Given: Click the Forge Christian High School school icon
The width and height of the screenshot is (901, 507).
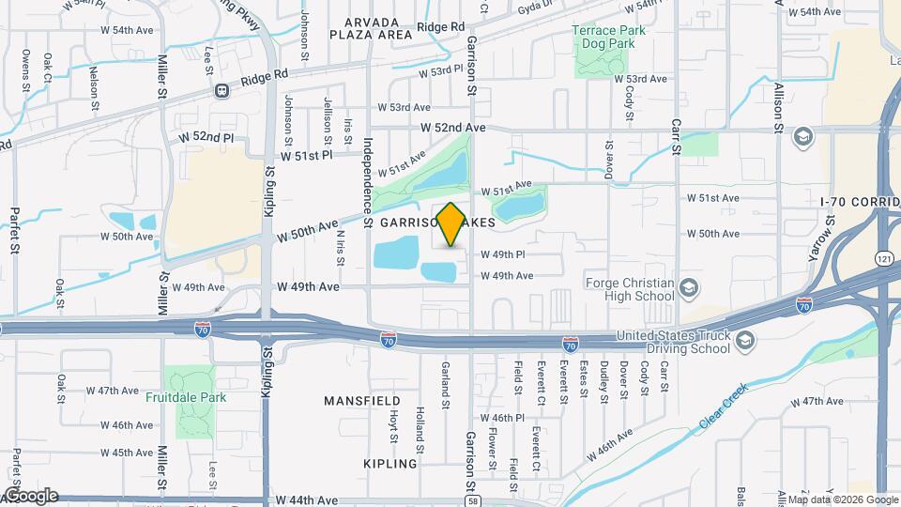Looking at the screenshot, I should click(x=690, y=287).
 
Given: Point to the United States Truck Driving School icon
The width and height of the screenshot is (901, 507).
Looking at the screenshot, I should click(x=746, y=340).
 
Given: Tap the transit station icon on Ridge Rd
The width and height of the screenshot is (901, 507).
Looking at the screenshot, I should click(x=221, y=91).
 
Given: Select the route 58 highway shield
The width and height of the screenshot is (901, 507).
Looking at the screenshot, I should click(x=471, y=500).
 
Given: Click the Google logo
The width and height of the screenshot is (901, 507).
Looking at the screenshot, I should click(x=30, y=495).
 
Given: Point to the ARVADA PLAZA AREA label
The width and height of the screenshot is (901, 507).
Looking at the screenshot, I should click(x=371, y=27).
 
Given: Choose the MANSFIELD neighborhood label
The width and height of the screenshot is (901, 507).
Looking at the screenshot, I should click(x=361, y=401).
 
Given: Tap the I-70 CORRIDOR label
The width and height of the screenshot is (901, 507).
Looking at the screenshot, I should click(x=859, y=201).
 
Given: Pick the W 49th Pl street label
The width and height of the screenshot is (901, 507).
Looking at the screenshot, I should click(x=502, y=254).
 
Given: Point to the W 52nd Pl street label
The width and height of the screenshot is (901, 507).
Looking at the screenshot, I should click(x=205, y=137).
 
